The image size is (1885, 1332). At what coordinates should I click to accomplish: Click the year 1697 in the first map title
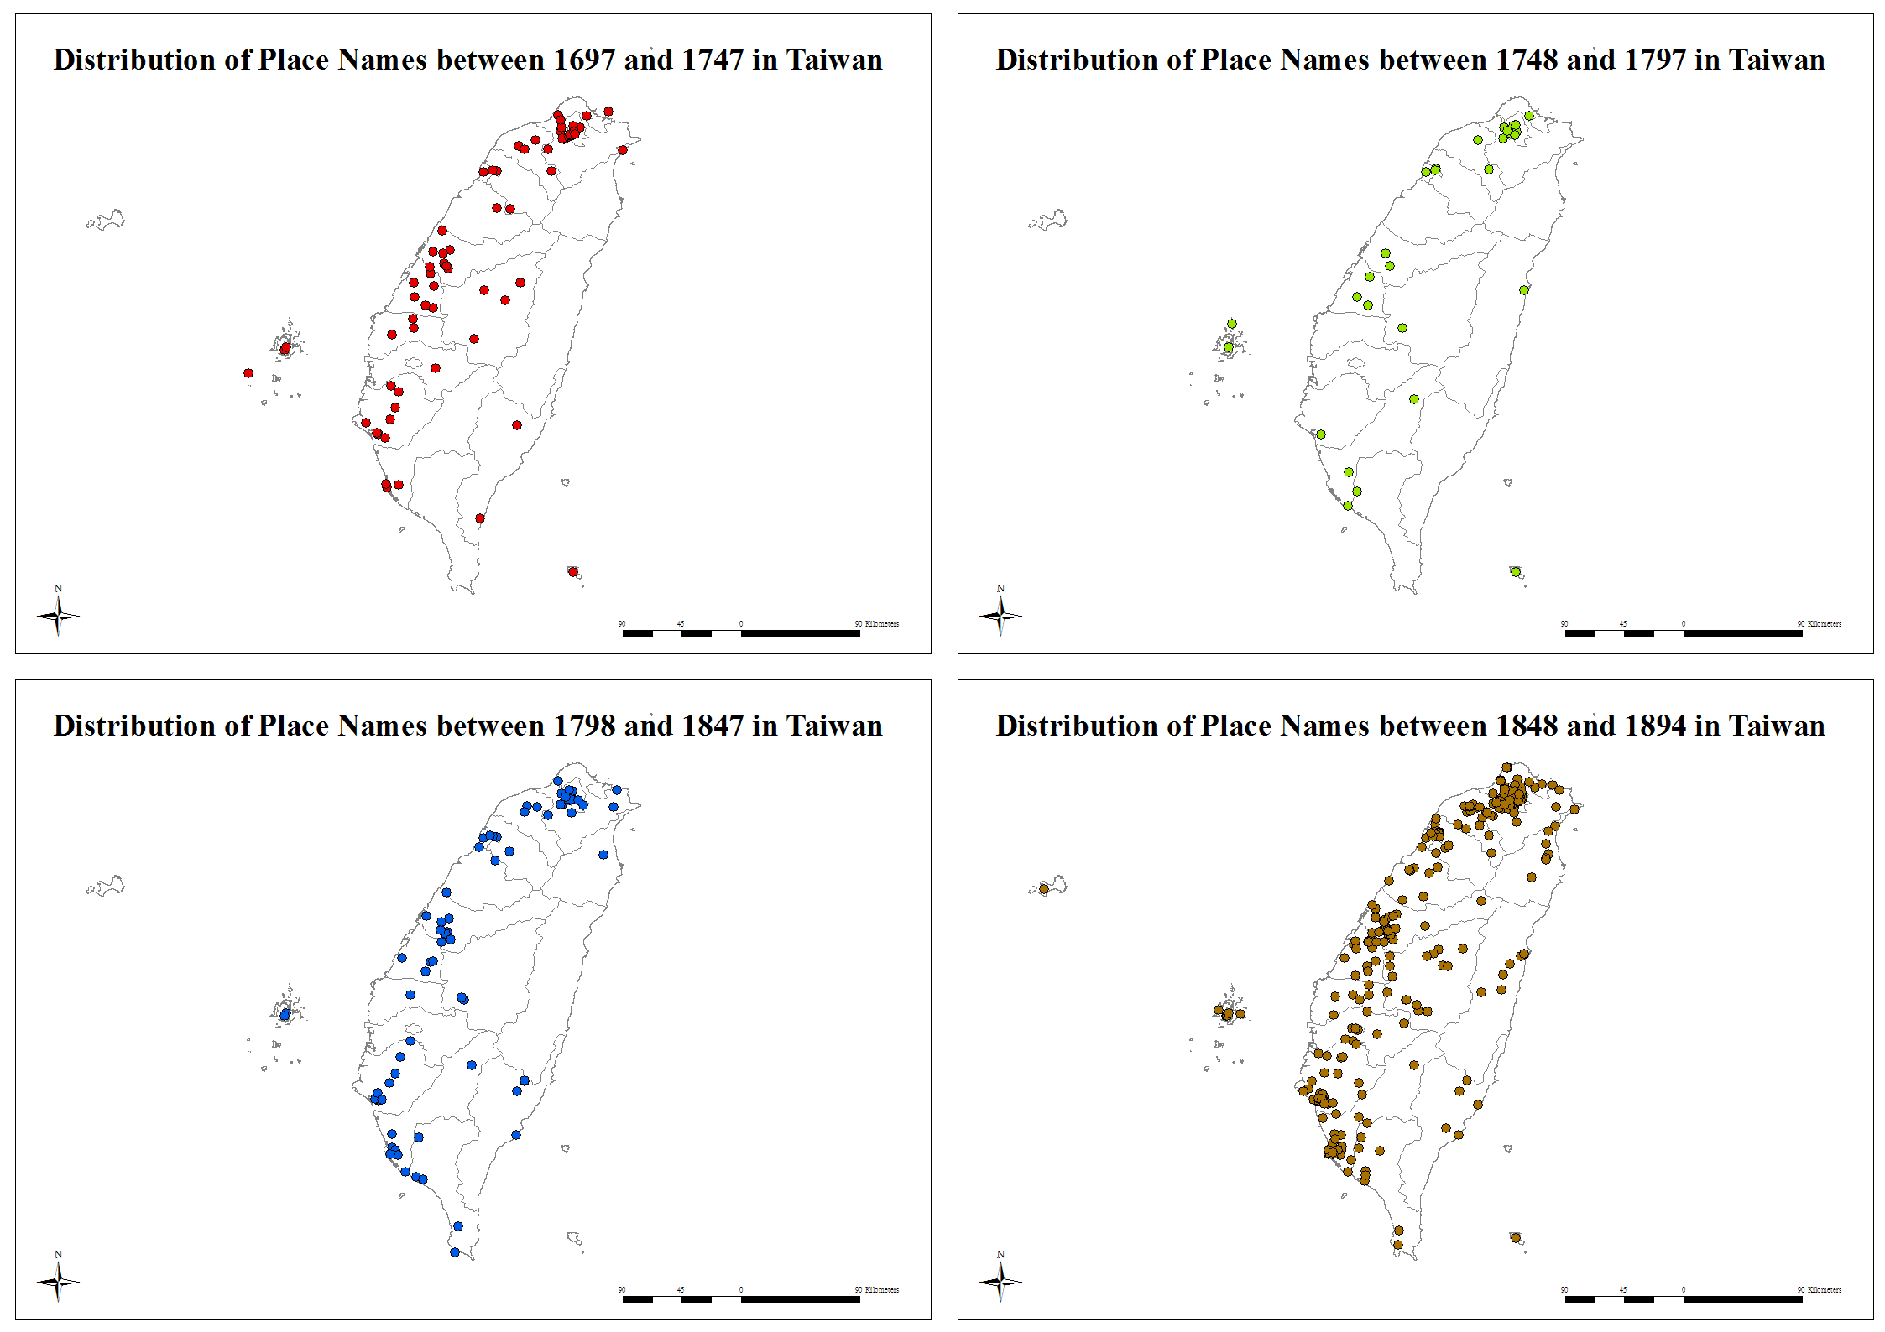tap(585, 60)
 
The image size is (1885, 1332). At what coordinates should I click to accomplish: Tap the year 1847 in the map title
tap(713, 726)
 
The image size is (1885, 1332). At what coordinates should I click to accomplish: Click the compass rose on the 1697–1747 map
tap(58, 616)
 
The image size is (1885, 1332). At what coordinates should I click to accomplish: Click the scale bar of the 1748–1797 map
tap(1684, 633)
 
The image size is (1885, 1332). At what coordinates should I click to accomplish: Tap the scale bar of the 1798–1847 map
tap(741, 1299)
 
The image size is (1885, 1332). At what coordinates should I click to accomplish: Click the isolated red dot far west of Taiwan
tap(248, 373)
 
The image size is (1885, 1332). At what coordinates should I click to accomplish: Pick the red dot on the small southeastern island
tap(573, 572)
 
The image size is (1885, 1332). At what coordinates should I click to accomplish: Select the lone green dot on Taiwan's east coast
tap(1524, 290)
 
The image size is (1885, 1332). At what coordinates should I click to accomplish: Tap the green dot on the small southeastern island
tap(1516, 572)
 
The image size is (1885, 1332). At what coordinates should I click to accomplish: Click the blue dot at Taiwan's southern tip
tap(455, 1252)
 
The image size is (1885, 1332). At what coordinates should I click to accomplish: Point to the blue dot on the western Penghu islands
tap(285, 1015)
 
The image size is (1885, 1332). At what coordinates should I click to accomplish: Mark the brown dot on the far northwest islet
tap(1044, 888)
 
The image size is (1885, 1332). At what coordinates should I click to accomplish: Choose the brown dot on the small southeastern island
tap(1516, 1237)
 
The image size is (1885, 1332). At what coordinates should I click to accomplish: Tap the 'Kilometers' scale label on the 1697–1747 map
tap(882, 624)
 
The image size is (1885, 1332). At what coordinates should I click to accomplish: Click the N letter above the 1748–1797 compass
tap(1000, 589)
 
